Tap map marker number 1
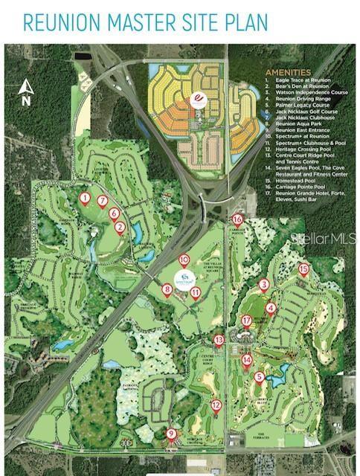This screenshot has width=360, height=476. tap(85, 199)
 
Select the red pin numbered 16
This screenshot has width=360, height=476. tap(237, 220)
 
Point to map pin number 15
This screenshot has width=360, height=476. tap(303, 269)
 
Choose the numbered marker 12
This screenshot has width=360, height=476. tap(216, 406)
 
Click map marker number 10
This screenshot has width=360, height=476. tap(184, 261)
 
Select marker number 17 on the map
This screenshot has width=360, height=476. tap(246, 321)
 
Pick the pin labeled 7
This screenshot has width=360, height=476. tap(103, 202)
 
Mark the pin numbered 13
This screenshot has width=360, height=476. tap(219, 341)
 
